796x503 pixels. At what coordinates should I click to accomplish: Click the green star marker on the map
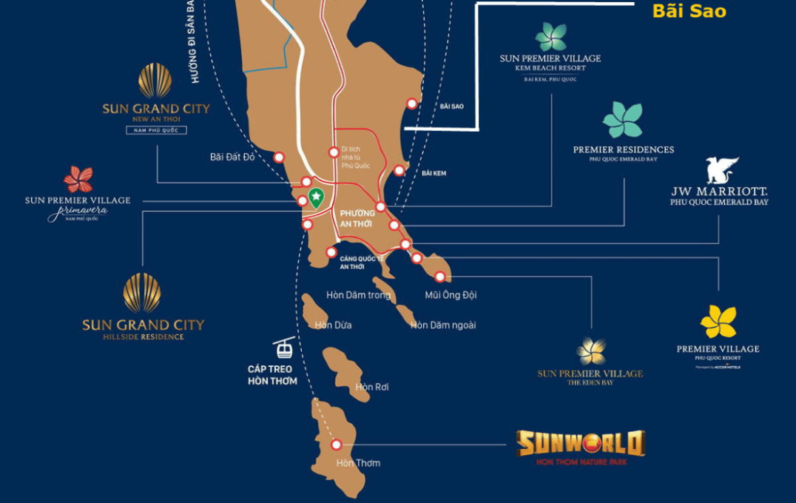[317, 198]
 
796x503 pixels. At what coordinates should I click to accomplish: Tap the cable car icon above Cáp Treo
[283, 348]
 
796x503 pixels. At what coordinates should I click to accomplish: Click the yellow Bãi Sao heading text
[689, 11]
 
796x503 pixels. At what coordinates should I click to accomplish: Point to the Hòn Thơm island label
[358, 463]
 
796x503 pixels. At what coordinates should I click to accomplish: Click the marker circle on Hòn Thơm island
[337, 445]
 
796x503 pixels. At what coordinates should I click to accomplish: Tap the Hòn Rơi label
[372, 387]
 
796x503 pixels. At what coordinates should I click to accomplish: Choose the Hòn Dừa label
[333, 325]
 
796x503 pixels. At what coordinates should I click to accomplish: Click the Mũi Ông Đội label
[451, 294]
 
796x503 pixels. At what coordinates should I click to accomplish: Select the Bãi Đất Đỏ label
[232, 157]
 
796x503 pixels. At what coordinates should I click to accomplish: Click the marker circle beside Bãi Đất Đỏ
[279, 157]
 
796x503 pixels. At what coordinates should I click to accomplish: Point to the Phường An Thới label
[357, 218]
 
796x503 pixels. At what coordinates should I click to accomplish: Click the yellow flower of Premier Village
[718, 322]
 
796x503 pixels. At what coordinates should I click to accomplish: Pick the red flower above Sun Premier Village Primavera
[78, 180]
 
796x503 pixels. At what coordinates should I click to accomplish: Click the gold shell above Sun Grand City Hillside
[142, 293]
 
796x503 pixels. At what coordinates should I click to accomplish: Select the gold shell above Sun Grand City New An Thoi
[155, 80]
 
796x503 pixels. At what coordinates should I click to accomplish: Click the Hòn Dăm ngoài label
[443, 325]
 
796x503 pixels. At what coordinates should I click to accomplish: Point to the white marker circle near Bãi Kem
[399, 170]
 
